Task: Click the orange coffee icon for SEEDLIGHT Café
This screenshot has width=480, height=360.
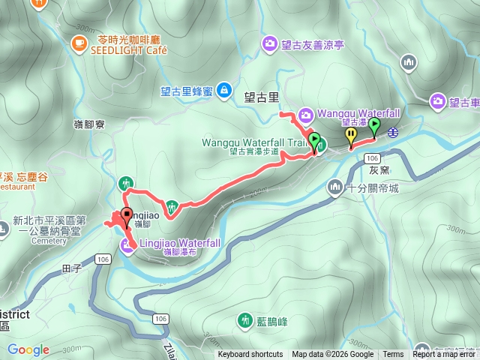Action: tap(79, 43)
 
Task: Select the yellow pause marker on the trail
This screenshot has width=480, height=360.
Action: tap(351, 135)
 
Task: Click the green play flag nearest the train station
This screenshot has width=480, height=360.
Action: tap(374, 126)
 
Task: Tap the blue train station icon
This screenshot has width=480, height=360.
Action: tap(393, 133)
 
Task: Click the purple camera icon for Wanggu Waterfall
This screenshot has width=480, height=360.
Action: tap(306, 115)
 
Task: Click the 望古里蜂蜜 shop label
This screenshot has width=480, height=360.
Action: tap(186, 91)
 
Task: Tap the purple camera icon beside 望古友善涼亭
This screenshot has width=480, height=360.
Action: tap(269, 44)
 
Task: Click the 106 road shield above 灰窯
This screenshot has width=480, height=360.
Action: tap(373, 159)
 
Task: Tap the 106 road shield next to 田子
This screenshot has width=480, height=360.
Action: tap(103, 259)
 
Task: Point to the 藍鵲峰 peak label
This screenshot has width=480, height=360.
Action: tap(272, 322)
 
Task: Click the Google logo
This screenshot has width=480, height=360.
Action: tap(28, 349)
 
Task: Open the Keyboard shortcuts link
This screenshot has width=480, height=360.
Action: tap(250, 355)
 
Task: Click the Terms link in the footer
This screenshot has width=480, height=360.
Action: tap(393, 355)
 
